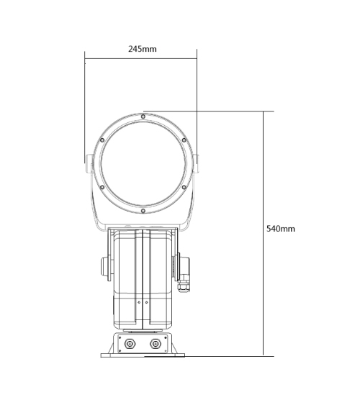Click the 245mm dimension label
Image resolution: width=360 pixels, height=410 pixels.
coord(143,49)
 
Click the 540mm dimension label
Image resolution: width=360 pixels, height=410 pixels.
coord(281,229)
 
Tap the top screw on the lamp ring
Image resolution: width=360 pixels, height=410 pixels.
coord(143,117)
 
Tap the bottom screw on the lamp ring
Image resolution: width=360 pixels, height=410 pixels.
coord(143,211)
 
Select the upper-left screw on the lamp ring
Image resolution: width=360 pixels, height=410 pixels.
coord(102,140)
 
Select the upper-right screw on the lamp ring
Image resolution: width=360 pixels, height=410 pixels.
coord(184,140)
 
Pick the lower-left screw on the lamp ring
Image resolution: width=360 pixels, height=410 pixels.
coord(102,187)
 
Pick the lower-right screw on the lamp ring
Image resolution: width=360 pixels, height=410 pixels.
coord(184,187)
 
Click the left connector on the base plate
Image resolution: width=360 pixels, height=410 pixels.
coord(129,344)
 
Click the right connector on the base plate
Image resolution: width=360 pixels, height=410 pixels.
coord(155,344)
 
